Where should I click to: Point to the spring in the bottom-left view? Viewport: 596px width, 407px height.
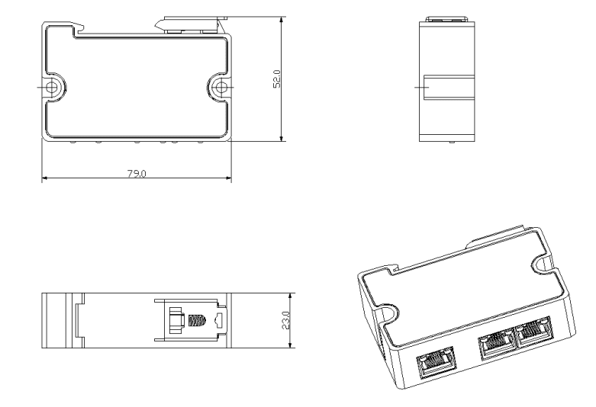click(x=196, y=319)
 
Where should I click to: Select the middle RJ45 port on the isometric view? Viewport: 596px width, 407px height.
click(x=495, y=345)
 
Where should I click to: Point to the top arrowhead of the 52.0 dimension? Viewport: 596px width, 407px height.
click(x=282, y=23)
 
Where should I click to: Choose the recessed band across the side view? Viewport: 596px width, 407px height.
click(x=449, y=88)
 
